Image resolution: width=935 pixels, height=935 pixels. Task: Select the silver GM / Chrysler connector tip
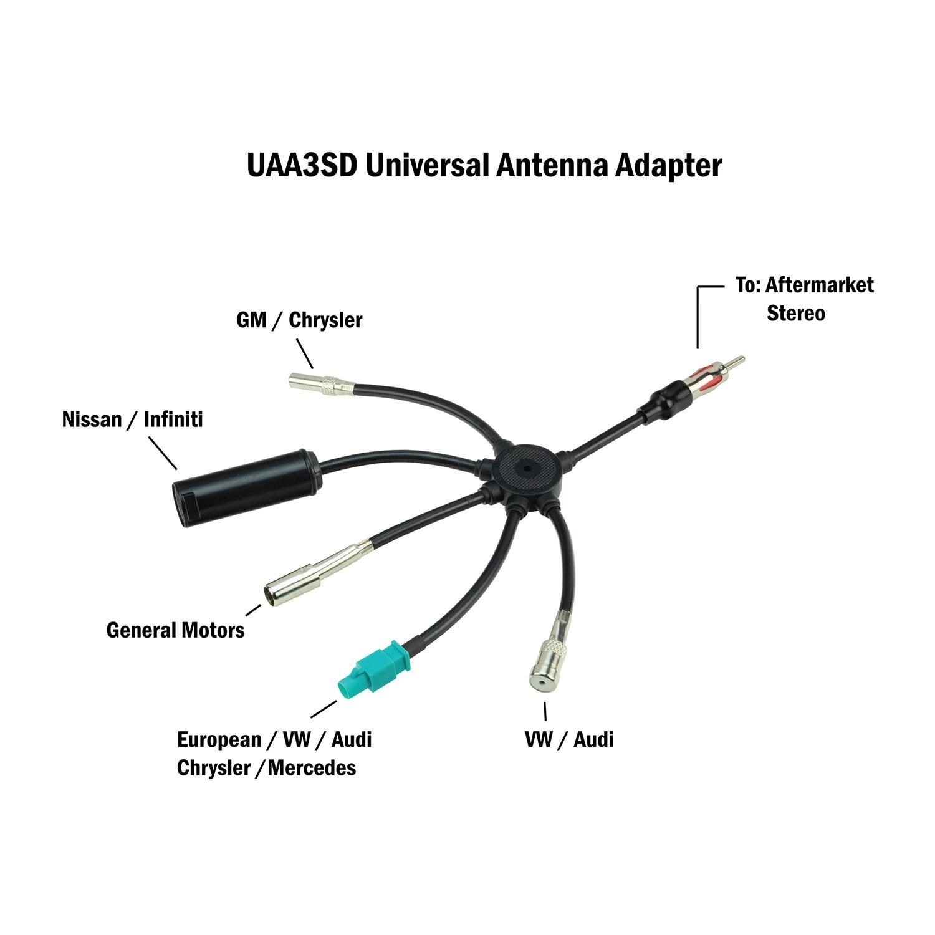click(x=321, y=385)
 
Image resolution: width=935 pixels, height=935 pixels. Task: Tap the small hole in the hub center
click(x=527, y=466)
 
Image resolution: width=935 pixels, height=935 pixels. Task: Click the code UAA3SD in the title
click(x=302, y=166)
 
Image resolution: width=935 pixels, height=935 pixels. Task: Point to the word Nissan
click(x=92, y=419)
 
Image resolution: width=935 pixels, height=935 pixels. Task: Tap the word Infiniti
click(x=173, y=419)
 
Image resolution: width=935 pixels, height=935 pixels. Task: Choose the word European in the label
click(x=219, y=739)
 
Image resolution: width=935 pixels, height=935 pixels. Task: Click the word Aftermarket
click(x=819, y=285)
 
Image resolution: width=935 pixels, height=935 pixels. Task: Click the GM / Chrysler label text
click(x=299, y=320)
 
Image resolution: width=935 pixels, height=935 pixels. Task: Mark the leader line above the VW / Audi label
click(x=545, y=711)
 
